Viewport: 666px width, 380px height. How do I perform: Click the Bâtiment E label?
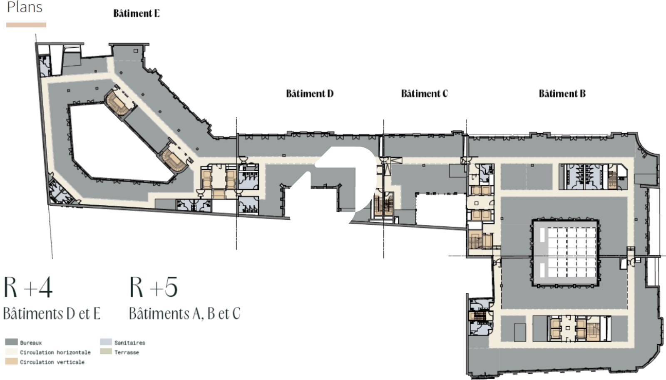tap(137, 13)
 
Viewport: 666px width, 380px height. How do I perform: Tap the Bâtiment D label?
tap(310, 94)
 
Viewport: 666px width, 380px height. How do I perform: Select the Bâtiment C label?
tap(424, 94)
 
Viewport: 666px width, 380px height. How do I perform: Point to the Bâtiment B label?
tap(562, 94)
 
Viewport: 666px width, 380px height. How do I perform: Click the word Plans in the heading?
tap(25, 7)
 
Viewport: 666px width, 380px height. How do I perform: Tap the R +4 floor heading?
tap(28, 287)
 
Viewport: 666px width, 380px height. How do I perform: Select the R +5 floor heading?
tap(154, 287)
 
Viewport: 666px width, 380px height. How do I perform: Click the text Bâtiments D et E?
tap(52, 313)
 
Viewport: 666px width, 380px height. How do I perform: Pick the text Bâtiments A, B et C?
tap(185, 313)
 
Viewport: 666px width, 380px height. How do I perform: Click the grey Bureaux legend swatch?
tap(11, 342)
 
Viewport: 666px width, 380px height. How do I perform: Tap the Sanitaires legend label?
tap(129, 343)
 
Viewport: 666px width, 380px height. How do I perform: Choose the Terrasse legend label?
tap(127, 353)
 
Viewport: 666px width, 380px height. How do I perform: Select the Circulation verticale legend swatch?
tap(11, 362)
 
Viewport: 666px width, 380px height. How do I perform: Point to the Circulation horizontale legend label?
tap(55, 353)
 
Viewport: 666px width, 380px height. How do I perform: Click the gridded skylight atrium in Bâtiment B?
tap(565, 253)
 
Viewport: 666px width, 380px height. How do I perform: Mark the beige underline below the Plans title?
tap(26, 25)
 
